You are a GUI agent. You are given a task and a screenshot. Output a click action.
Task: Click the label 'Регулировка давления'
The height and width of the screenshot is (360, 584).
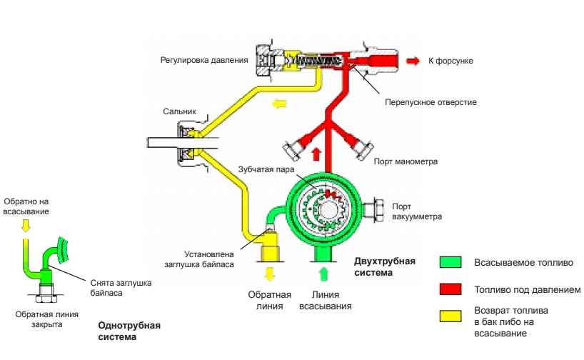coord(203,62)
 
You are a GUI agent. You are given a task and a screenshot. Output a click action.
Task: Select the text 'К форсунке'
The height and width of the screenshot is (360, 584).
coord(450,62)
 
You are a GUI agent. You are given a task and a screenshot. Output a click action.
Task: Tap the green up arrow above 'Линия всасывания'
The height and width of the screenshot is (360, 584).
coord(323,274)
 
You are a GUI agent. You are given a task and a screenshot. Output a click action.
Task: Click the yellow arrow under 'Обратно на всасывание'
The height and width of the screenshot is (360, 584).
coord(26,227)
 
